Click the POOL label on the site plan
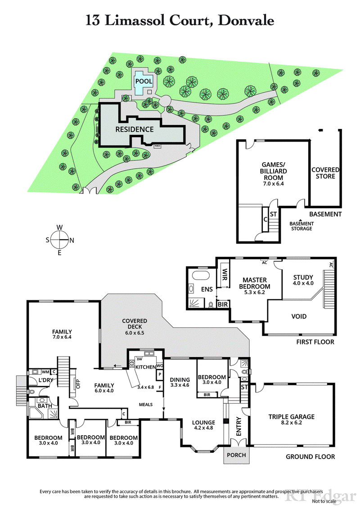144,81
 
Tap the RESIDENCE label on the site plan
135,129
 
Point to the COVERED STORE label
325,173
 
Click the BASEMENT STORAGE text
301,226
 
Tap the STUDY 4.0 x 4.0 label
303,280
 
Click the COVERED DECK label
135,324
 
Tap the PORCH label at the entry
236,455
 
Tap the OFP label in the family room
77,384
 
